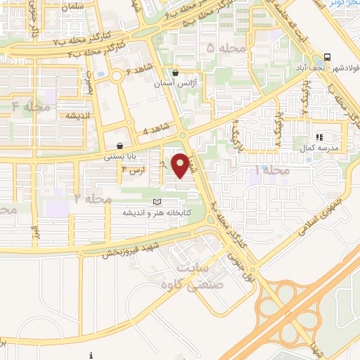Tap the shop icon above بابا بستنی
[x=120, y=146]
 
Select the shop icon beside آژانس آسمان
[x=175, y=72]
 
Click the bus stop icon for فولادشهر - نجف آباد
[x=327, y=58]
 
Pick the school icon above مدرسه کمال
[x=319, y=137]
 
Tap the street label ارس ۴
[x=133, y=169]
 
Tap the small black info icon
[x=92, y=354]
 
